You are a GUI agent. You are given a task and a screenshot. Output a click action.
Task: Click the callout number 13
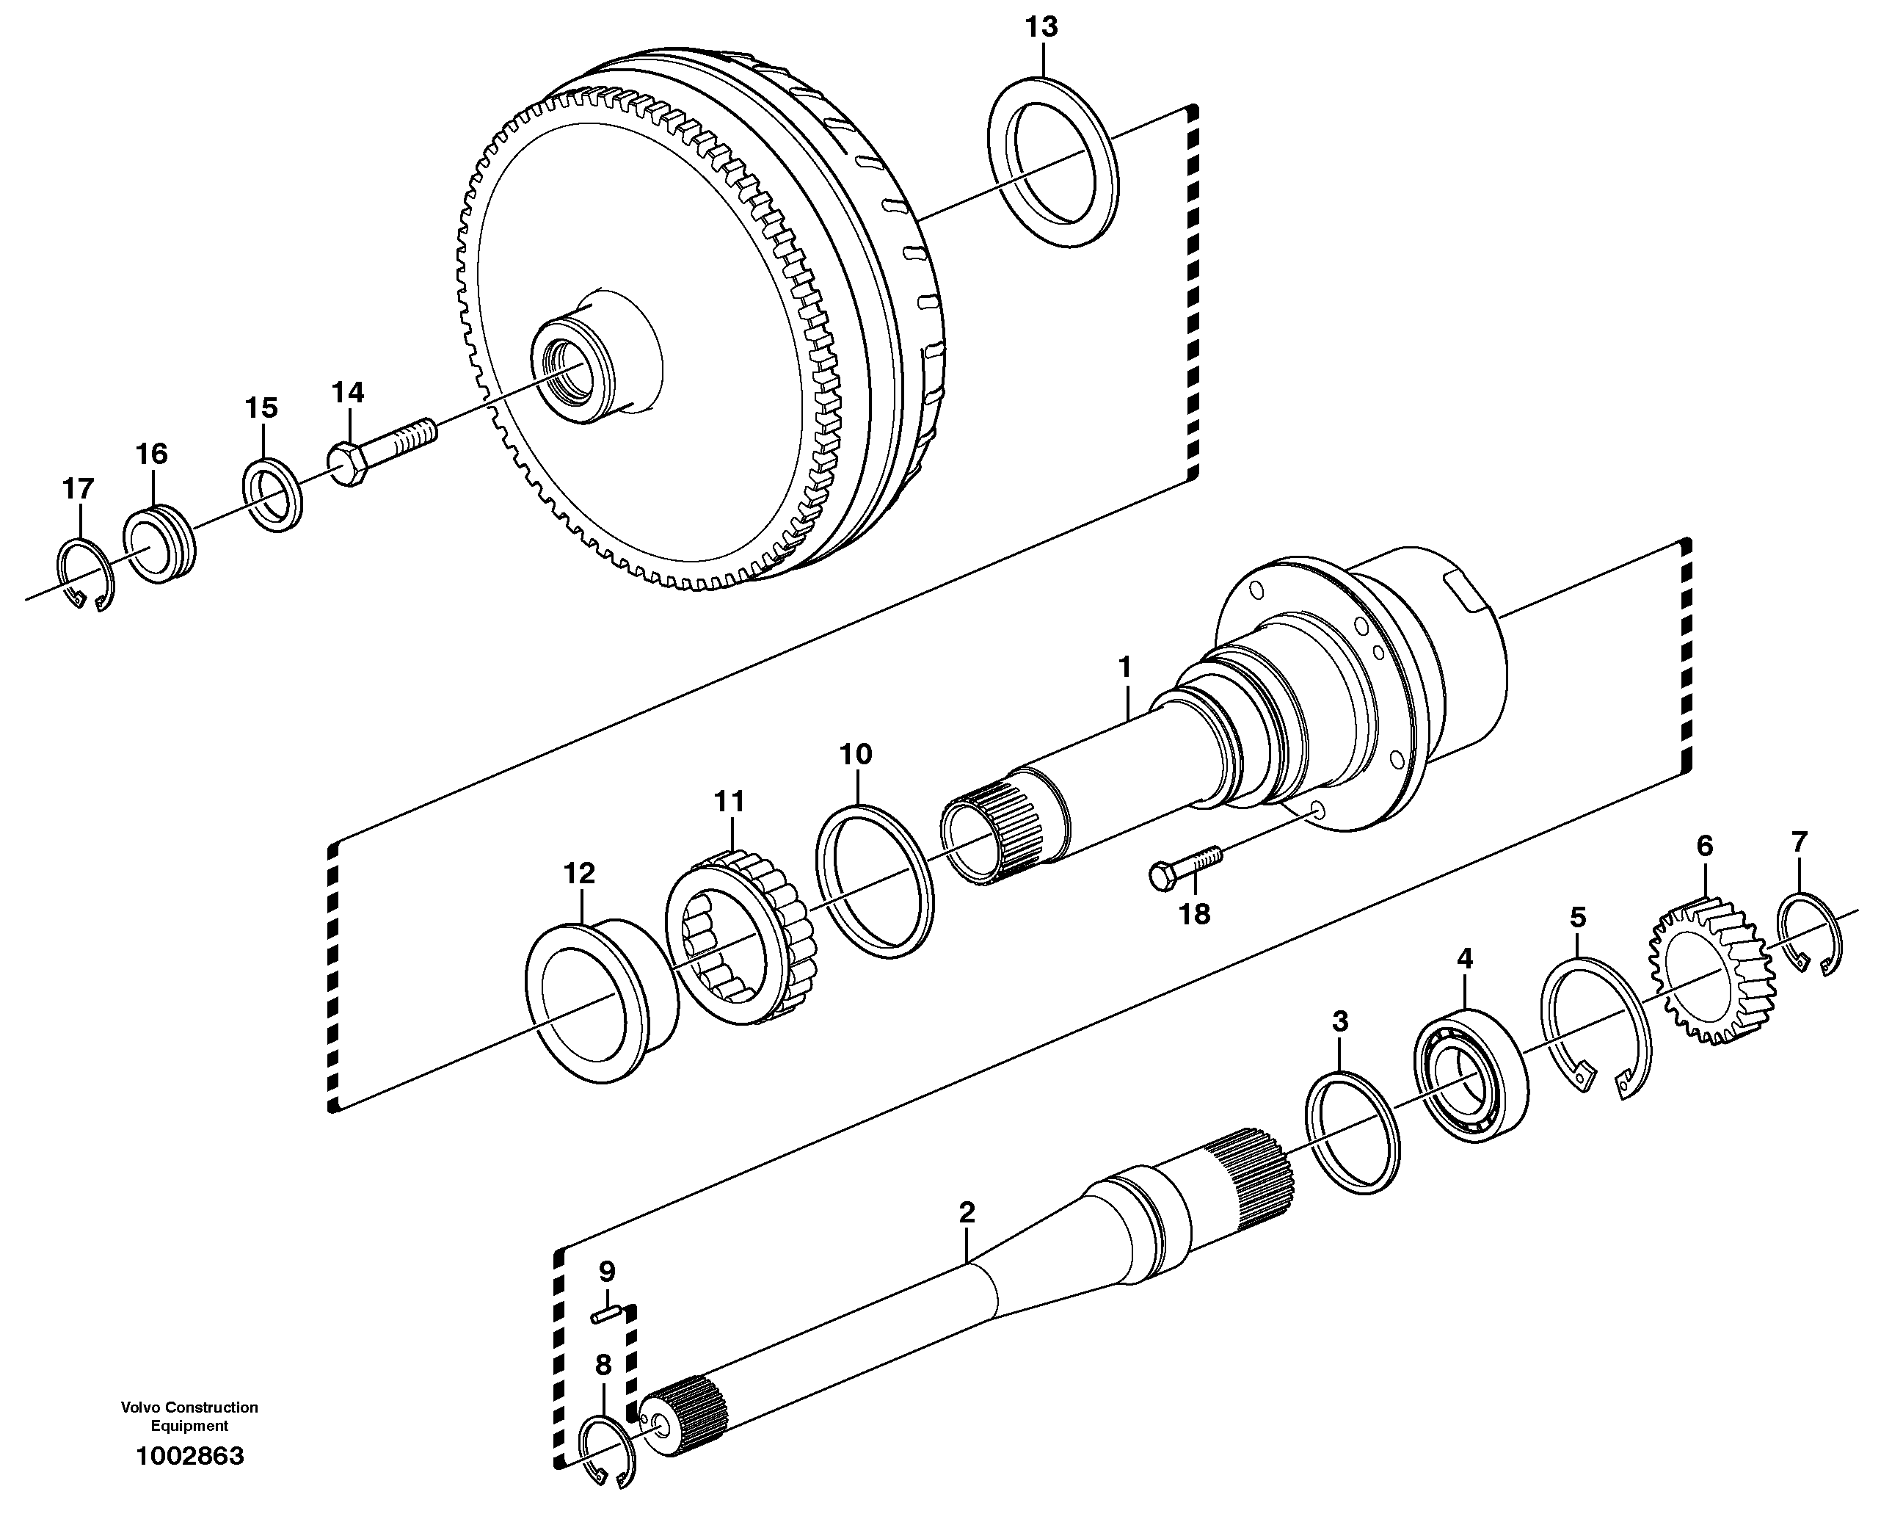click(1042, 27)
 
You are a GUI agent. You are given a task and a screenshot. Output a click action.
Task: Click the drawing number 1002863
click(190, 1456)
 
